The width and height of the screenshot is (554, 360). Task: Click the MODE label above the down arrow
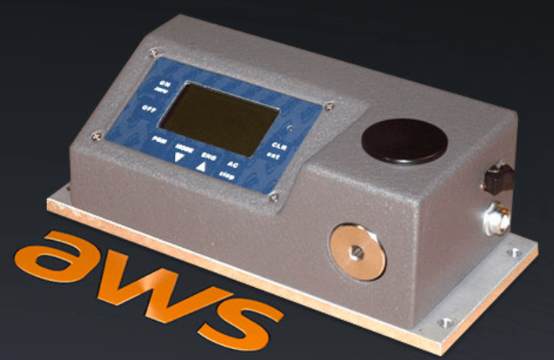click(184, 147)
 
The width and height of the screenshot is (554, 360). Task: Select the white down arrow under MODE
click(180, 157)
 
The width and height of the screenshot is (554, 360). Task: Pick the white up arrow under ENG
click(203, 165)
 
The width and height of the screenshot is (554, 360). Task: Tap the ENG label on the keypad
click(209, 155)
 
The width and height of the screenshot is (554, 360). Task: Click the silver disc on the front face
click(357, 251)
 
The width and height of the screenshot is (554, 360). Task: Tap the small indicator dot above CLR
click(290, 127)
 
